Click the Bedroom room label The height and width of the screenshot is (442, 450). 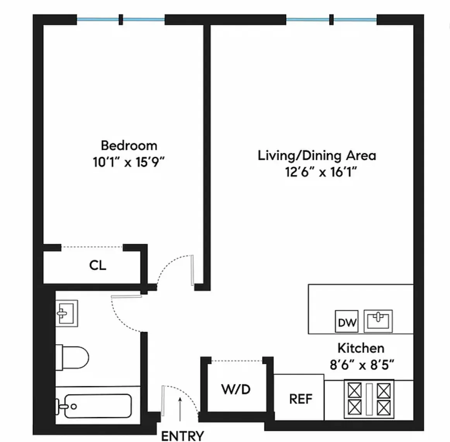click(x=129, y=146)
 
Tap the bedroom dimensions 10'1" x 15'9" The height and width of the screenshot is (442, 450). click(x=129, y=162)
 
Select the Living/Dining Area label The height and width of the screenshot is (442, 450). click(x=317, y=156)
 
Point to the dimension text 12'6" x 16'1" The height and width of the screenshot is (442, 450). click(x=321, y=172)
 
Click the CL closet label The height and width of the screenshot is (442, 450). click(x=98, y=266)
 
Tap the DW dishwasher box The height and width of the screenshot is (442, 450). click(x=347, y=322)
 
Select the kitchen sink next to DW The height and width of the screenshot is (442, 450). click(x=378, y=321)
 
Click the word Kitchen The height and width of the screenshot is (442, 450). click(x=361, y=348)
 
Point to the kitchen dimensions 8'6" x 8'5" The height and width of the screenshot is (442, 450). click(x=362, y=365)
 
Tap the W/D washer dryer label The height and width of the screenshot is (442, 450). click(x=236, y=389)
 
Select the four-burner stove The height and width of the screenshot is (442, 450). click(x=369, y=399)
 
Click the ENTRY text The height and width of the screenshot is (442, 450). click(x=182, y=436)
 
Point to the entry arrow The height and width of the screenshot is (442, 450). click(x=180, y=409)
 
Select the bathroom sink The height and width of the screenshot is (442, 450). click(x=67, y=313)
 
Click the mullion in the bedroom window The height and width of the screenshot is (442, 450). click(x=121, y=19)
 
